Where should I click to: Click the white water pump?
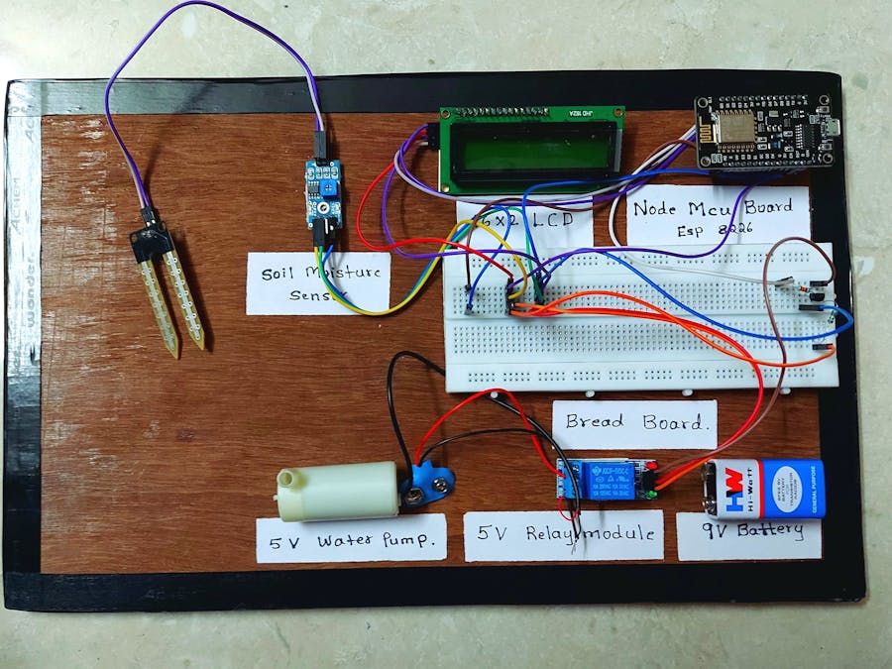point(337,493)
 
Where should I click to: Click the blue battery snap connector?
point(429,485)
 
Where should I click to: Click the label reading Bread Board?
point(634,420)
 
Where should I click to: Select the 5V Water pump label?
point(351,540)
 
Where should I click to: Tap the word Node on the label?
point(658,207)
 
